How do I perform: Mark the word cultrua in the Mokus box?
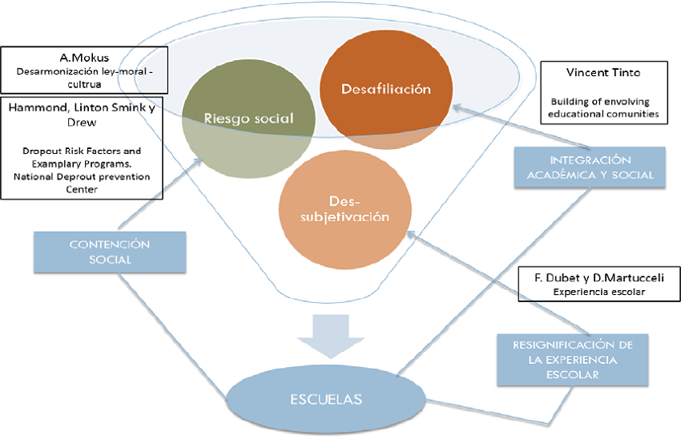tap(83, 83)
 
